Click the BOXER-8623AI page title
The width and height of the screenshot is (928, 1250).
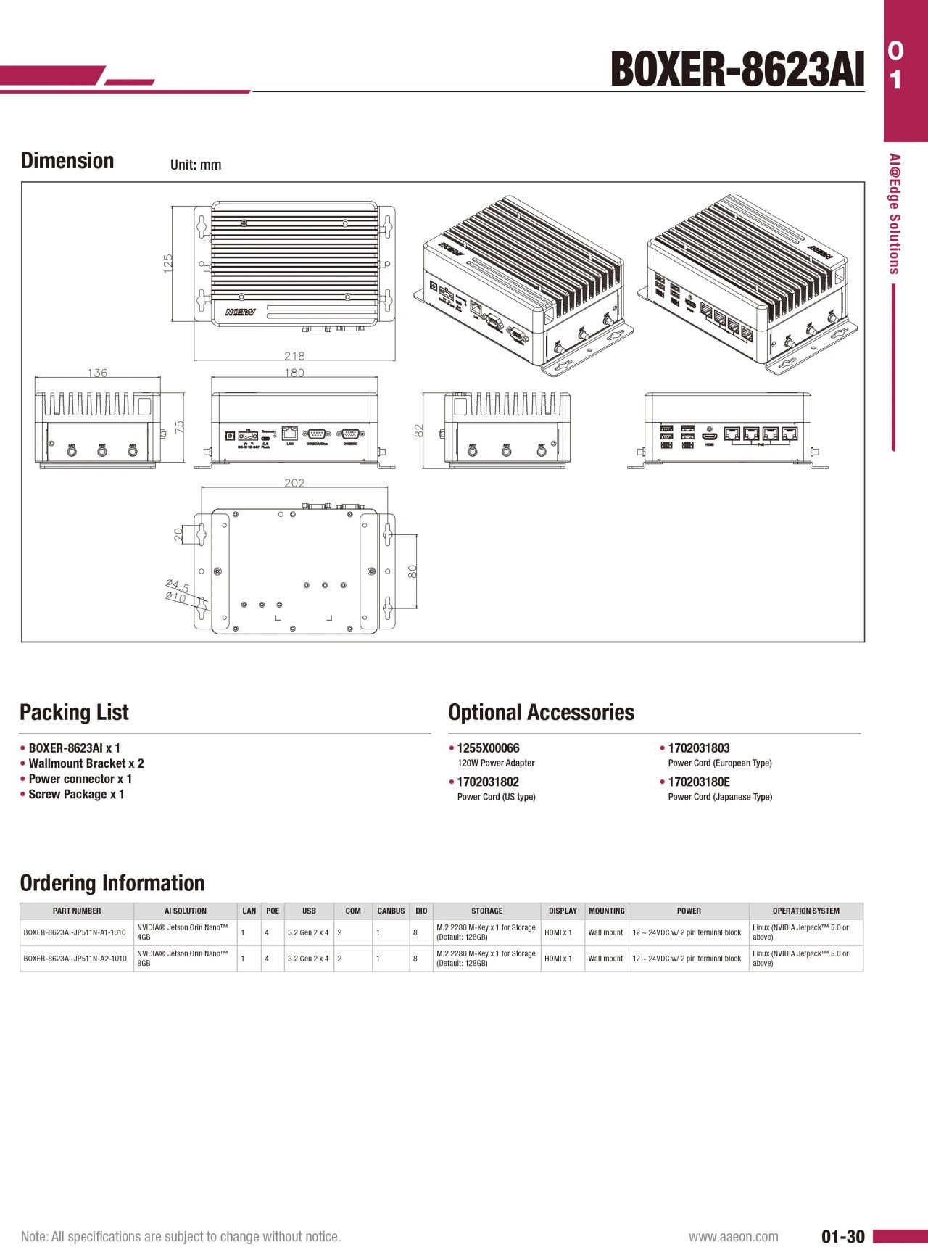point(737,70)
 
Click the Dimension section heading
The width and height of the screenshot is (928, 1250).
point(67,161)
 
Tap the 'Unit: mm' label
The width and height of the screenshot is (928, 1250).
point(196,165)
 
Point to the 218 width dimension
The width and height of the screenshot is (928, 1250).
point(294,355)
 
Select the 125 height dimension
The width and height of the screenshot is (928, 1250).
point(168,262)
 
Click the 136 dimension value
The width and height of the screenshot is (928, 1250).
point(97,373)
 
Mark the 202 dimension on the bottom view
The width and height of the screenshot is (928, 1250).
point(294,483)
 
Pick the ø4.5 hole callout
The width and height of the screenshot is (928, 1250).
point(176,585)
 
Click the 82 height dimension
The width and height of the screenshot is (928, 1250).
point(418,431)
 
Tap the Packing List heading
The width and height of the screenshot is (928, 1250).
point(74,712)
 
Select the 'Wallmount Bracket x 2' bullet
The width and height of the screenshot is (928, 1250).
point(86,763)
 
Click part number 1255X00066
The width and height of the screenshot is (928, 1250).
point(488,748)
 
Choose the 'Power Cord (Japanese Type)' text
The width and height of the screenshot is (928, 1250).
point(720,797)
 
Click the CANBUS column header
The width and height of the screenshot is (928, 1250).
point(391,911)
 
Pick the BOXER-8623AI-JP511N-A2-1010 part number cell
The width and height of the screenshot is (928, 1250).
point(75,959)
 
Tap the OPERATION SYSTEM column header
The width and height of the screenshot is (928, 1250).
point(805,911)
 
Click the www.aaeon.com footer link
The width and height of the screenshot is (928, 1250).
point(733,1236)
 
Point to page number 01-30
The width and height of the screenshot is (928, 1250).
point(842,1236)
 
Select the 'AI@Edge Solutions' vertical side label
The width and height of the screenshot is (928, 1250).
point(895,214)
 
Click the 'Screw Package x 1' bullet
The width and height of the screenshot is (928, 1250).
point(76,795)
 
